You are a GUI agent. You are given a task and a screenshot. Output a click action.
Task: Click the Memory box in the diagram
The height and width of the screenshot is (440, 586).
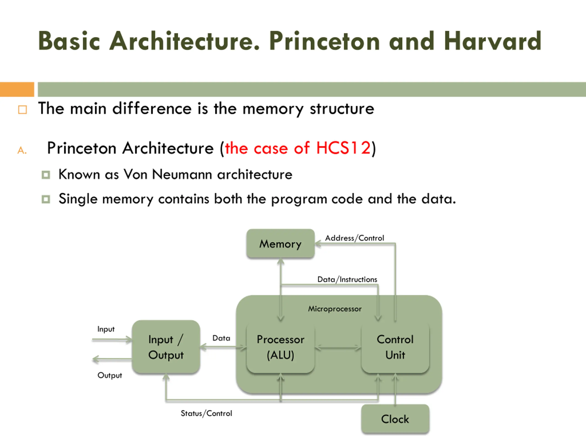click(x=280, y=243)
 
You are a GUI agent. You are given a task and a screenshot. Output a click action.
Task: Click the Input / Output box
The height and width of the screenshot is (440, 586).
click(x=166, y=347)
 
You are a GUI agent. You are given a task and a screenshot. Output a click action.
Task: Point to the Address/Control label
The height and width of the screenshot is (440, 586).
click(x=354, y=238)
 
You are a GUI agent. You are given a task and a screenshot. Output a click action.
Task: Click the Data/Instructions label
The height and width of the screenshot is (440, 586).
click(x=347, y=279)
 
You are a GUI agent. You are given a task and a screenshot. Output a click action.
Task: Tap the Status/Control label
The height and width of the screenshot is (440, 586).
click(x=206, y=413)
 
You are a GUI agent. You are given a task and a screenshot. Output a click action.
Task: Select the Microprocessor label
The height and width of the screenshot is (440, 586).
click(x=335, y=309)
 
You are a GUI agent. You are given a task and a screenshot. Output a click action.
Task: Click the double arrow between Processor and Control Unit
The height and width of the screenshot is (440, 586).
click(x=338, y=347)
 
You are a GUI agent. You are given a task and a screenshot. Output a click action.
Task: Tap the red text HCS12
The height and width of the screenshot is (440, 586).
click(x=343, y=148)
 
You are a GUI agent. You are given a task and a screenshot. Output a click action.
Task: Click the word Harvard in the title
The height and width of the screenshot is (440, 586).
click(x=492, y=41)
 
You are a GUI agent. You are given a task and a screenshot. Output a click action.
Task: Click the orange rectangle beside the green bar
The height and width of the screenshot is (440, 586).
click(x=17, y=89)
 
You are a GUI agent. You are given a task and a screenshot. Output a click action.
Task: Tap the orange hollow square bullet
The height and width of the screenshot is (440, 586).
click(x=22, y=110)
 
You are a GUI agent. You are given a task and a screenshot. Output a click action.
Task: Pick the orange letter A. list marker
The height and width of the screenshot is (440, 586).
click(x=22, y=150)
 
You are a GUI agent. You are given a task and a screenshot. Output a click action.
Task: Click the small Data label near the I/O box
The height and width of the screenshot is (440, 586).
click(x=221, y=338)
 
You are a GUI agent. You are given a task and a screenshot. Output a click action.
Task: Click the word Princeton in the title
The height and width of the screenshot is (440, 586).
click(x=325, y=41)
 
